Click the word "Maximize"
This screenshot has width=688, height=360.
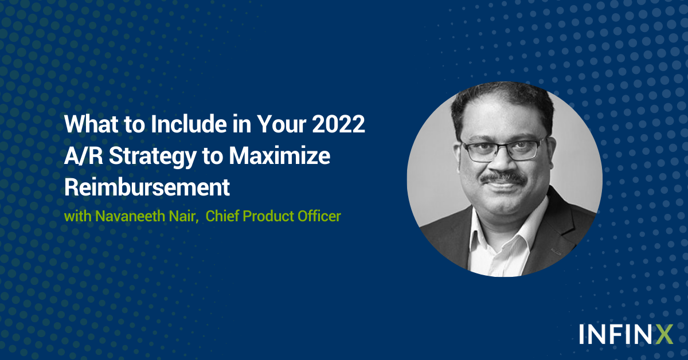[x=280, y=156]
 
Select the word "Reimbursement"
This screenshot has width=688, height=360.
[x=147, y=187]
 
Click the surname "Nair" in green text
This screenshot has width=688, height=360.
[x=183, y=216]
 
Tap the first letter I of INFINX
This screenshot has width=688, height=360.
[x=582, y=334]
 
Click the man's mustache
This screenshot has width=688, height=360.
[x=503, y=177]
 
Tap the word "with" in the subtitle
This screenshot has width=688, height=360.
[x=78, y=216]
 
